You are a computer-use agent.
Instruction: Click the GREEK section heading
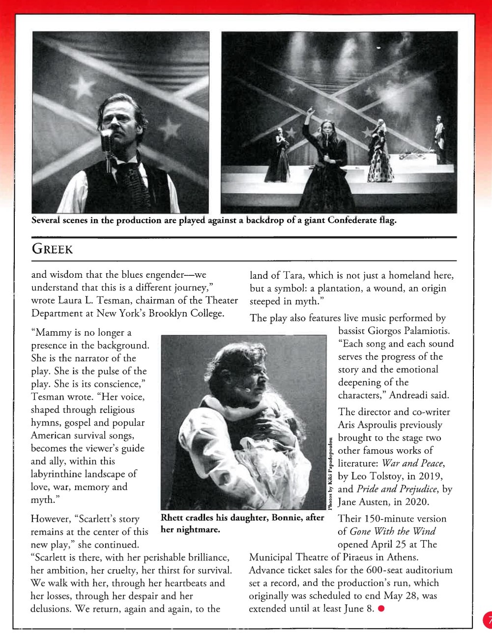tap(52, 249)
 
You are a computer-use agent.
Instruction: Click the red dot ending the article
tap(381, 609)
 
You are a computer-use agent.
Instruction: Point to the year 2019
tap(428, 476)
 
